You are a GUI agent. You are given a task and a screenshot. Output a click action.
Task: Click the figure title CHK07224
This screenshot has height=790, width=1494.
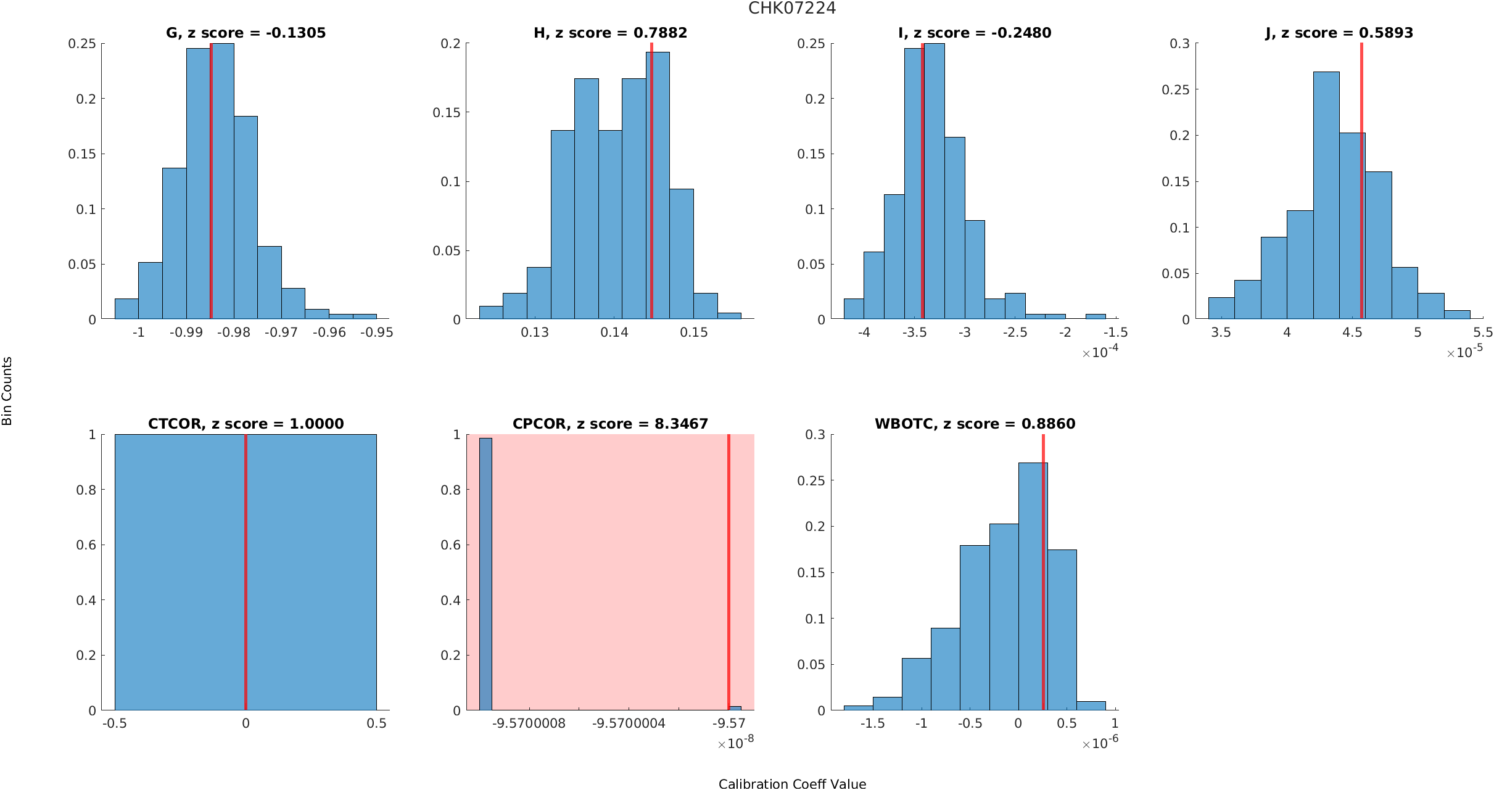coord(792,9)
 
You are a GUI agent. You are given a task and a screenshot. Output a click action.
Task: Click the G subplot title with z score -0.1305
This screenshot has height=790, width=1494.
coord(246,33)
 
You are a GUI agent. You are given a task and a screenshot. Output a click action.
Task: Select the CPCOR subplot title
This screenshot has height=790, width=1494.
coord(610,424)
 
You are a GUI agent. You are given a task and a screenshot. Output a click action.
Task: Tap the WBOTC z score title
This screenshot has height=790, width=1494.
coord(975,424)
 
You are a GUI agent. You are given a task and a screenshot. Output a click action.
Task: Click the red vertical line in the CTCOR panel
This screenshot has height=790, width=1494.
coord(246,574)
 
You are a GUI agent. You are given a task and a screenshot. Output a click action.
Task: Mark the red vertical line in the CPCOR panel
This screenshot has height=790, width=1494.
coord(728,574)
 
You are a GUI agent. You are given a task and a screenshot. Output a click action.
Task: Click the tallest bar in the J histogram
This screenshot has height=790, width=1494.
coord(1326,197)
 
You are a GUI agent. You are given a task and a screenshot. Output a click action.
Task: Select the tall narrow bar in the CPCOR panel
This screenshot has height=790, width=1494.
coord(485,574)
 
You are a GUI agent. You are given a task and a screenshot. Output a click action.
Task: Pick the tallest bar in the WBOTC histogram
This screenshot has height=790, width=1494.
coord(1033,586)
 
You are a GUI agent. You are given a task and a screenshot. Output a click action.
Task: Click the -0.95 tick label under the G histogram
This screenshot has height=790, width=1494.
coord(376,332)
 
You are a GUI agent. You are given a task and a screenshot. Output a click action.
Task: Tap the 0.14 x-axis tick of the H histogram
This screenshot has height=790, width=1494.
coord(614,332)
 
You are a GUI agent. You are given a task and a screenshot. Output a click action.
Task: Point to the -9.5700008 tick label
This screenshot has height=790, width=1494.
coord(529,723)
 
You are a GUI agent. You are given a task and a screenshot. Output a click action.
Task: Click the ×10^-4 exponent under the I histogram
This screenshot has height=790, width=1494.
coord(1100,352)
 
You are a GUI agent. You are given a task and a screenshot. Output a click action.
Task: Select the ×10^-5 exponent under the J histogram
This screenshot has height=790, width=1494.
coord(1464,352)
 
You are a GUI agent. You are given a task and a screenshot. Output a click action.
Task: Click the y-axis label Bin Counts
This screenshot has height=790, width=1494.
coord(7,391)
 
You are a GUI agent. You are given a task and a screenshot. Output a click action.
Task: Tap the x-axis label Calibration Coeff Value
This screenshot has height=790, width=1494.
coord(792,784)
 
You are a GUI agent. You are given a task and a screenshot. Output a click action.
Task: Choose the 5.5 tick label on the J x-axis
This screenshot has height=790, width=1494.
coord(1483,332)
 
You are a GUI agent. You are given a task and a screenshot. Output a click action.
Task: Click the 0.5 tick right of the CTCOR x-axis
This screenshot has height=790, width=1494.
coord(376,723)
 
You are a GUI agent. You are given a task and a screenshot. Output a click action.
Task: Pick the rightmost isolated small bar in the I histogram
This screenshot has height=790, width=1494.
coord(1096,316)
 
